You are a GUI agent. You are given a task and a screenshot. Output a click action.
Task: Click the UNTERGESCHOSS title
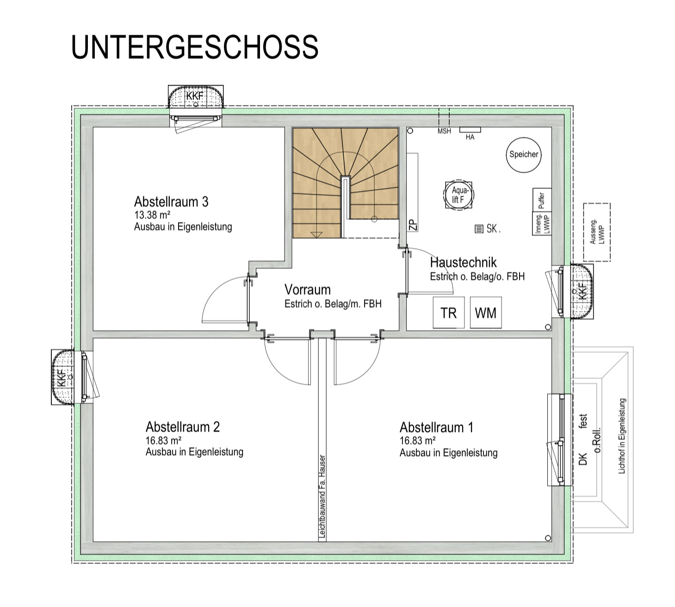195,47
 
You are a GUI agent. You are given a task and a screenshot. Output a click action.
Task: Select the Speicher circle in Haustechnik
523,155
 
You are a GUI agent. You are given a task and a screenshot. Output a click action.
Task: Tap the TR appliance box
448,313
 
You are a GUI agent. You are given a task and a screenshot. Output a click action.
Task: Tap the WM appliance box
486,313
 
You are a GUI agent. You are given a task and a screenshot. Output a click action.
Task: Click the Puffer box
542,200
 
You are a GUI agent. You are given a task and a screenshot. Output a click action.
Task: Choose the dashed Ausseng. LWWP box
597,232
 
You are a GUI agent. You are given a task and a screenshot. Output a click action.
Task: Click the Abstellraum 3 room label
171,202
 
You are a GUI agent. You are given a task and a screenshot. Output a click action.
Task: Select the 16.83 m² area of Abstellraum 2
163,441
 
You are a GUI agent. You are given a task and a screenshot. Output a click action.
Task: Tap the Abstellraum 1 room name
436,427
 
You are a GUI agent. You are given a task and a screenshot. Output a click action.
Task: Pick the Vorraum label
308,289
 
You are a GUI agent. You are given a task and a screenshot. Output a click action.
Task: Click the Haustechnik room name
463,262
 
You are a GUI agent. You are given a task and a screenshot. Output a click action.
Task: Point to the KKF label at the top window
195,96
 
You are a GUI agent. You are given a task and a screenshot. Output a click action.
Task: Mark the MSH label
444,131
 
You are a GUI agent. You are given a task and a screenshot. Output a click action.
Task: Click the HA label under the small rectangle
470,137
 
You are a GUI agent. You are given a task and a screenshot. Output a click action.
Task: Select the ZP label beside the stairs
413,225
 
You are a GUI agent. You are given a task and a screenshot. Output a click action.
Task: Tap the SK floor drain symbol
479,229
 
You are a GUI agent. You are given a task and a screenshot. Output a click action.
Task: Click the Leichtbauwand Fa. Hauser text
322,497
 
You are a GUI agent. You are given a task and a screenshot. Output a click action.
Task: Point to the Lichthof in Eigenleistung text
622,436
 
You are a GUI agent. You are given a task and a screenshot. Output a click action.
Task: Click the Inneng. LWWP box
542,224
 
